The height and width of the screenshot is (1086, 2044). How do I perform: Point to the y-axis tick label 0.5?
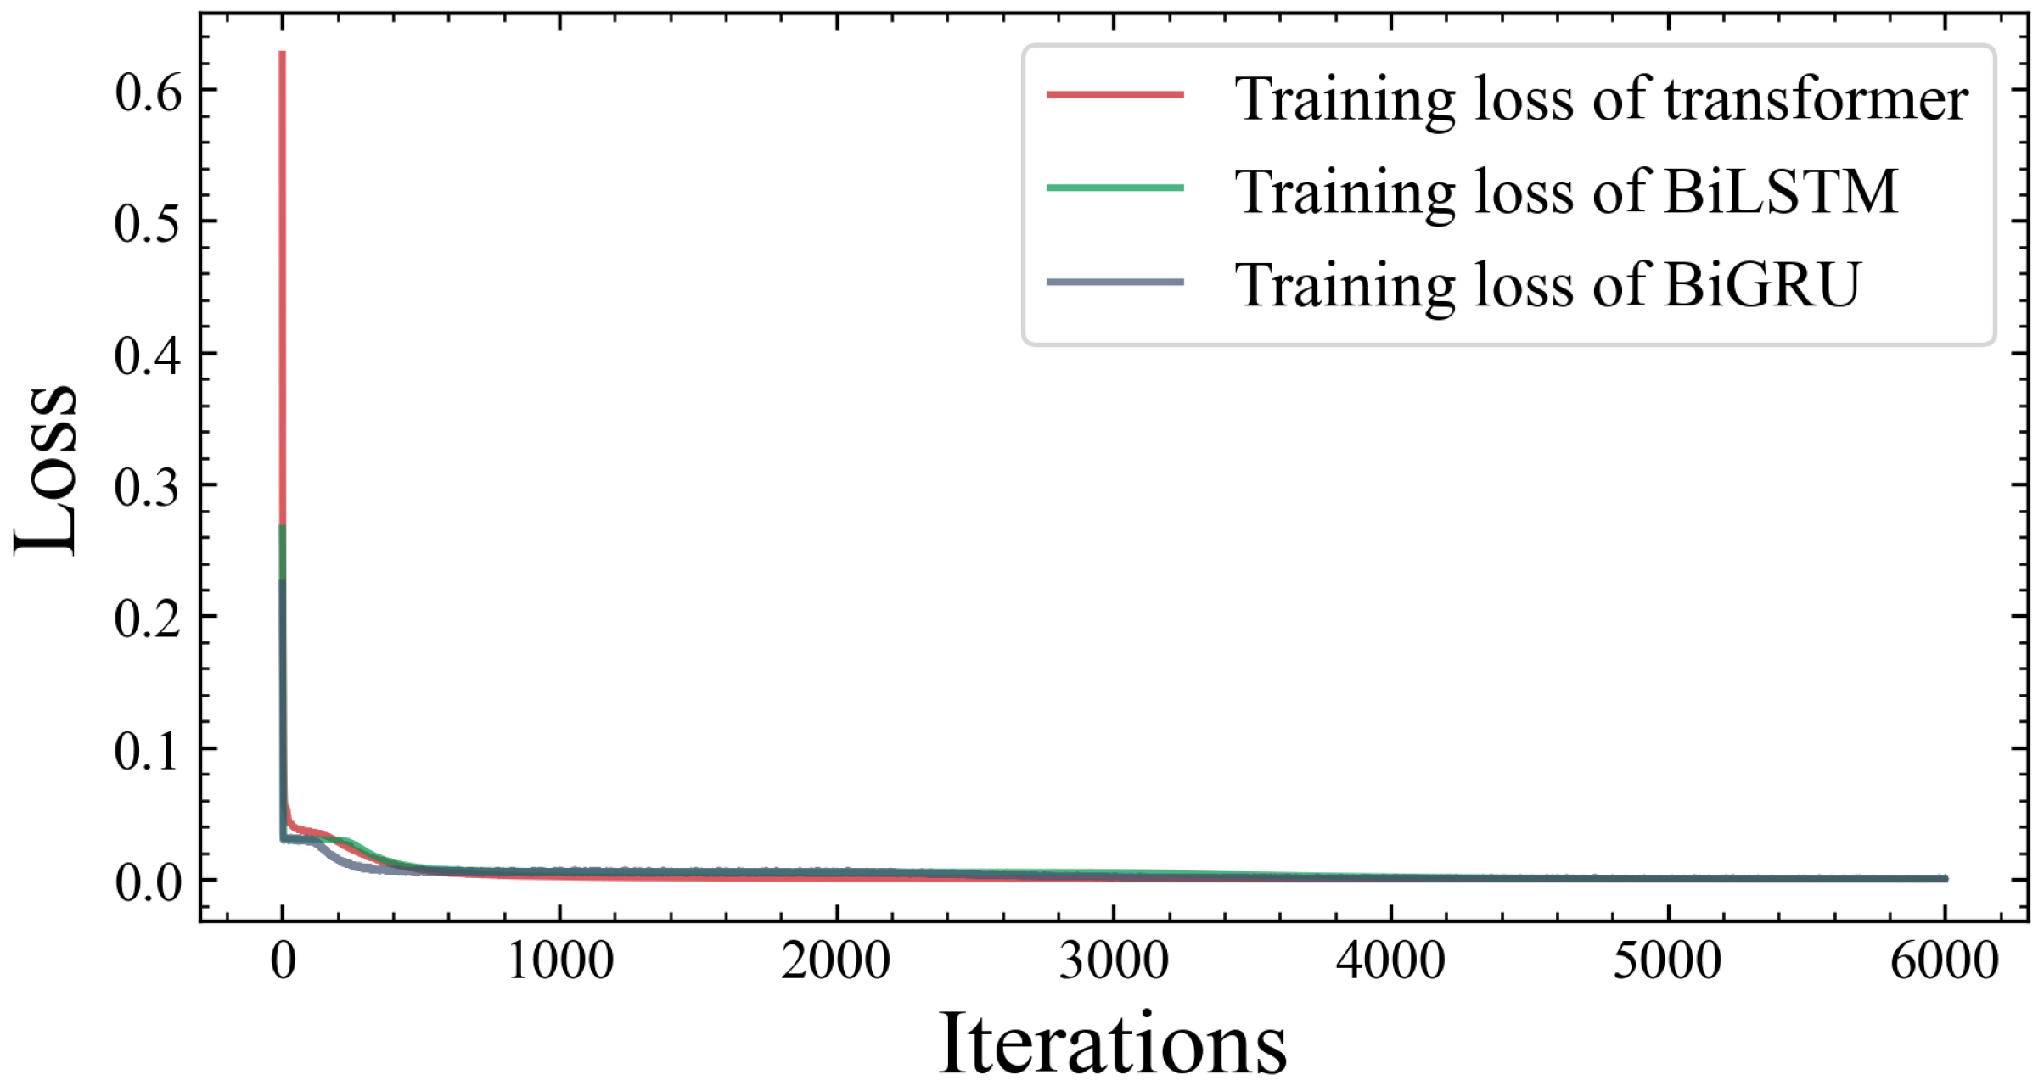coord(148,223)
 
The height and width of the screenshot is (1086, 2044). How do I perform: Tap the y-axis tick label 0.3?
coord(148,487)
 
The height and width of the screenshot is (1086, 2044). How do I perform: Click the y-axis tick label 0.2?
coord(148,619)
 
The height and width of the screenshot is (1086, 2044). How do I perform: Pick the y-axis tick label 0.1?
coord(148,751)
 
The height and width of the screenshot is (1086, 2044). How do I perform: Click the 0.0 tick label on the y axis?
coord(148,882)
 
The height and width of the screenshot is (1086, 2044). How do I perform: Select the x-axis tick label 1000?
coord(560,961)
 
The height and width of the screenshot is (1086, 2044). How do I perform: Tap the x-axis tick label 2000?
coord(837,961)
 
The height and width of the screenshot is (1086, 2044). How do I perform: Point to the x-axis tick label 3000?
coord(1114,961)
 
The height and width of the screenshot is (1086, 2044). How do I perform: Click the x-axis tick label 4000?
coord(1391,961)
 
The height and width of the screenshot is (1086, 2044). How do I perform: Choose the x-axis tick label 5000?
coord(1668,961)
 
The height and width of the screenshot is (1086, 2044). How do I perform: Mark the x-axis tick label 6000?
coord(1945,961)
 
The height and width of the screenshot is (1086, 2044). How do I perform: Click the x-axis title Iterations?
coord(1112,1044)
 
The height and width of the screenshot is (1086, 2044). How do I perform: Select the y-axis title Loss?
coord(47,472)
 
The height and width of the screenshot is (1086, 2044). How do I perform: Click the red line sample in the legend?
coord(1115,95)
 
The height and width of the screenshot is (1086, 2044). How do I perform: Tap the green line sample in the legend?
coord(1115,188)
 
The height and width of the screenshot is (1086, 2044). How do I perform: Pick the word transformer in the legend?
coord(1817,100)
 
